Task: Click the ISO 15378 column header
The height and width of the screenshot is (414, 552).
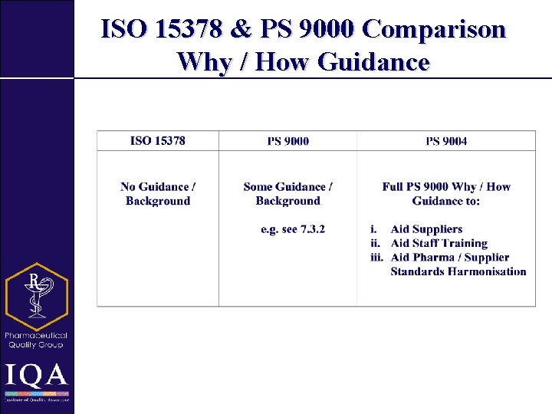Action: [157, 141]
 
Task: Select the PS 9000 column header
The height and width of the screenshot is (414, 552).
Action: [287, 141]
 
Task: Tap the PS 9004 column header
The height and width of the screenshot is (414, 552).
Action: [446, 141]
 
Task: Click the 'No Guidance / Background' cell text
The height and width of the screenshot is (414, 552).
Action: [158, 194]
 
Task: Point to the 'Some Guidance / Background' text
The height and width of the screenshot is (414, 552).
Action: [287, 194]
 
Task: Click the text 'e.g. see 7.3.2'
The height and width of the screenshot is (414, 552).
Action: [293, 229]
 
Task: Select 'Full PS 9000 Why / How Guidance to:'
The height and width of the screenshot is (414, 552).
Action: [446, 194]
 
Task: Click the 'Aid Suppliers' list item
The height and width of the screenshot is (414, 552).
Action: [426, 229]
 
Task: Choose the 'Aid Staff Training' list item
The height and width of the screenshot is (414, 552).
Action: [439, 243]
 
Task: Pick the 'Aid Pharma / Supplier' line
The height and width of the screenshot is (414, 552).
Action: [449, 257]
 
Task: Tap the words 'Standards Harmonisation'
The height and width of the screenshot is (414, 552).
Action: [458, 271]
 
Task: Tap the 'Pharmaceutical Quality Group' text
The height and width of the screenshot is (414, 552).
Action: [36, 340]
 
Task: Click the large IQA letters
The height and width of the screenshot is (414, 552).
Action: [36, 376]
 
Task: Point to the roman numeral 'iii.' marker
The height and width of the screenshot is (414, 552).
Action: [376, 257]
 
